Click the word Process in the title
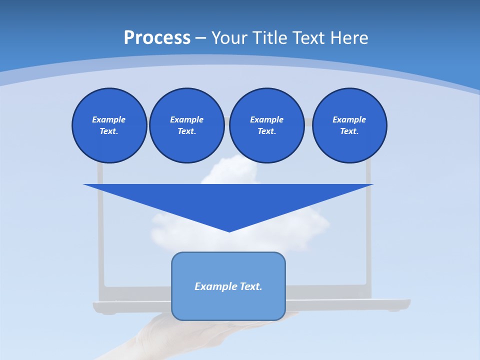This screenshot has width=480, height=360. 157,38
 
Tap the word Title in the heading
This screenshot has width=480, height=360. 272,38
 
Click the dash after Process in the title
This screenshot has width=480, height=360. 200,38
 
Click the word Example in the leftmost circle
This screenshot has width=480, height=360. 109,119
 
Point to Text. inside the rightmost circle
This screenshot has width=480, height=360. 349,131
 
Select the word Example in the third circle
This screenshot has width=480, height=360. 266,119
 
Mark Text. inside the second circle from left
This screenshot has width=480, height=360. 186,131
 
